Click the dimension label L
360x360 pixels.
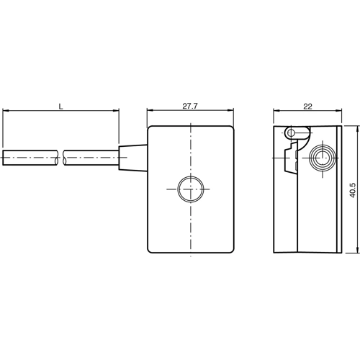[61, 106]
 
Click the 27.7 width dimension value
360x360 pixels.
[190, 106]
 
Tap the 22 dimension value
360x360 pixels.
[307, 106]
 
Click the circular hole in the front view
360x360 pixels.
[191, 190]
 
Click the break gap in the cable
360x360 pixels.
[60, 156]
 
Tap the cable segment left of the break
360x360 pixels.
[29, 156]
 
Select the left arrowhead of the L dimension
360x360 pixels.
[6, 111]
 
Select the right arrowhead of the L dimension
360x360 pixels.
[115, 111]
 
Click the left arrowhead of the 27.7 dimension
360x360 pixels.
[150, 111]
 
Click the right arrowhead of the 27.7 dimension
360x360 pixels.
[232, 111]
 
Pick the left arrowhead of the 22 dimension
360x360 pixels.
[277, 111]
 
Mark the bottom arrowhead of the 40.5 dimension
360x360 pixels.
[356, 250]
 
